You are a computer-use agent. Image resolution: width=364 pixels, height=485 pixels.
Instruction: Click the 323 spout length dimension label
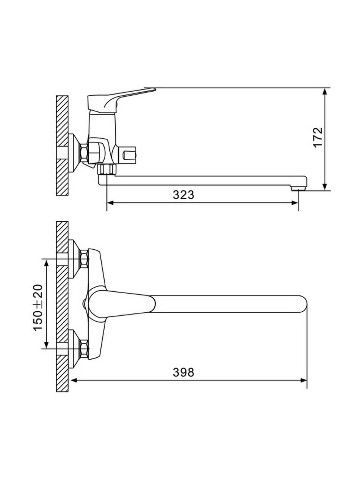pos(184,195)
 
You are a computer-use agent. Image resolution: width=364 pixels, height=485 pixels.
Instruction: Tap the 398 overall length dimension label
pos(184,372)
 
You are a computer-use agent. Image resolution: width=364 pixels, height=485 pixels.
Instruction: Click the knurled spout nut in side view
pos(107,170)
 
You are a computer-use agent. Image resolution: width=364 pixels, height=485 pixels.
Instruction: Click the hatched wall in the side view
pos(62,145)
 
